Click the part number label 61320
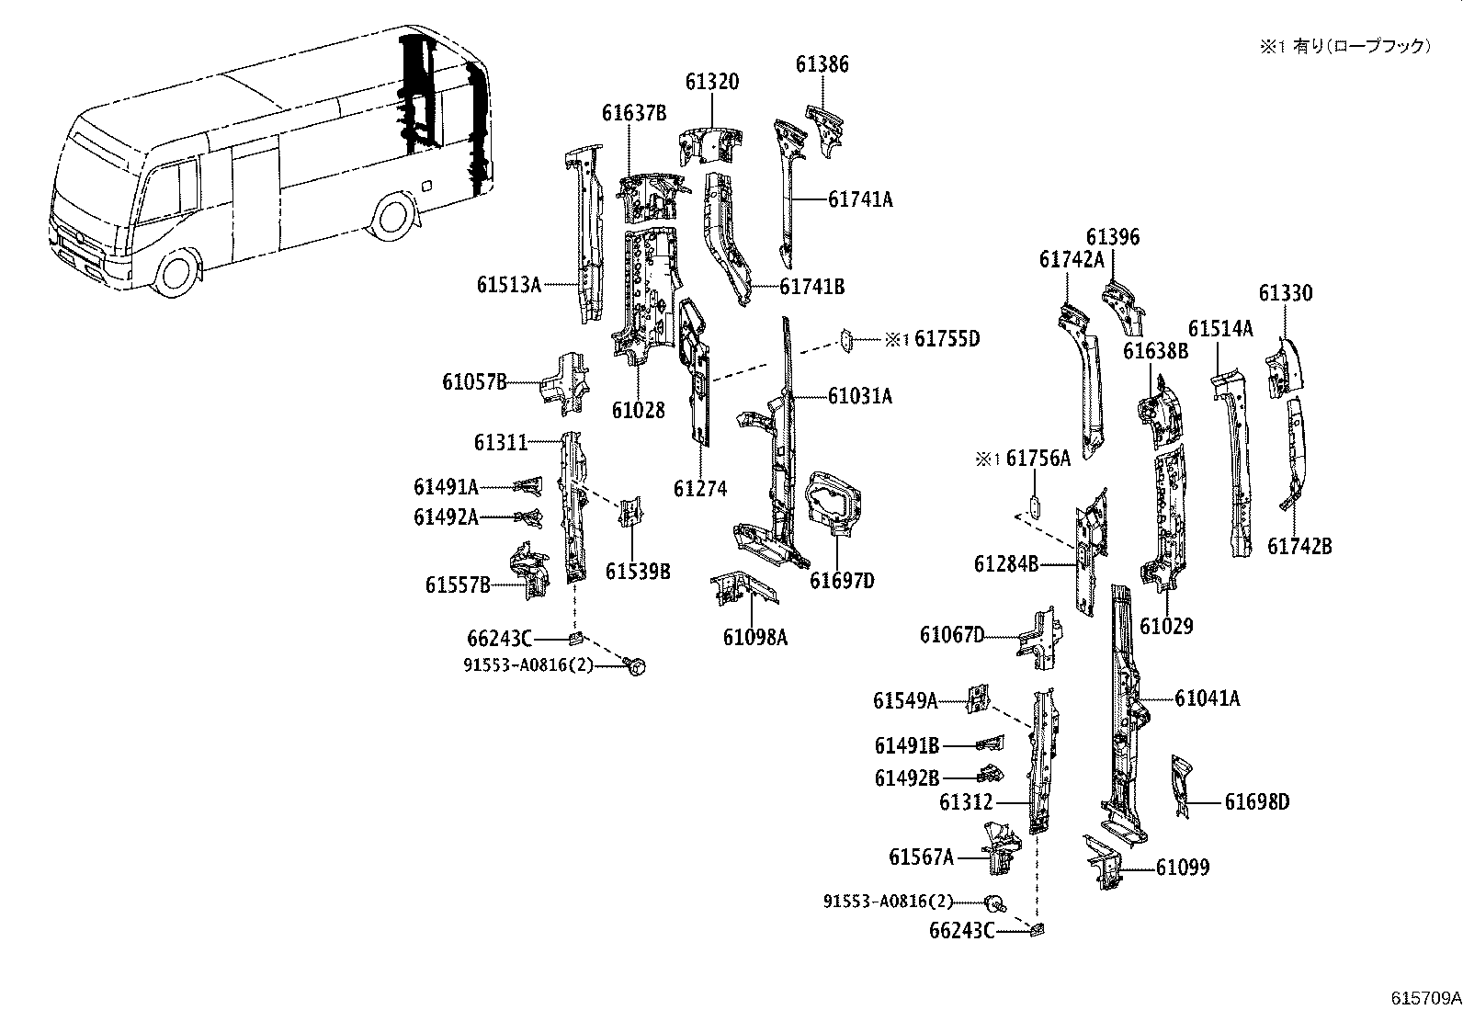[710, 82]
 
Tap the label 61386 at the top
[822, 64]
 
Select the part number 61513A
[508, 285]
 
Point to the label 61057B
[474, 382]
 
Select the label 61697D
[842, 581]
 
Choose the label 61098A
[754, 636]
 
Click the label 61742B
[1299, 546]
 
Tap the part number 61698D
[1256, 802]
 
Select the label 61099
[1182, 868]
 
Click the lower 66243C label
[961, 931]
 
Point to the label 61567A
[921, 857]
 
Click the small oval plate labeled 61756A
[1033, 506]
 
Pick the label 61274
[699, 489]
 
